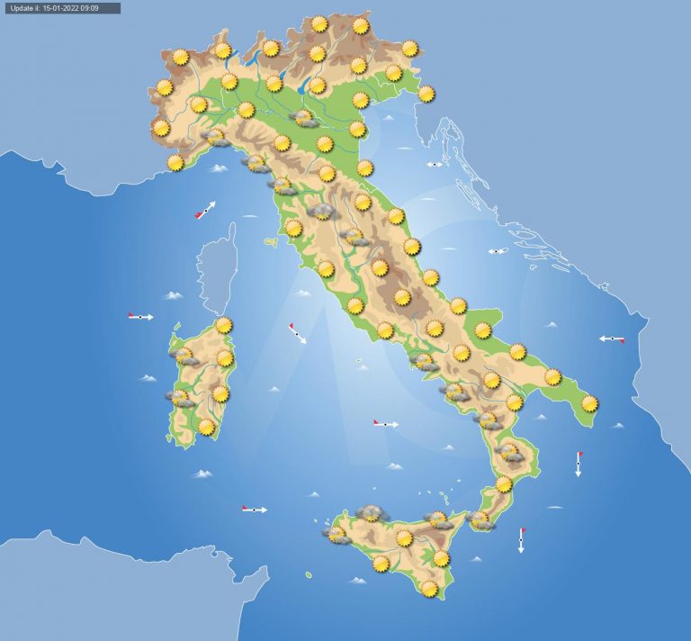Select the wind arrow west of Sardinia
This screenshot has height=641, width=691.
[x=140, y=316]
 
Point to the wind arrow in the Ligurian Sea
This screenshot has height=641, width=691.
[x=205, y=212]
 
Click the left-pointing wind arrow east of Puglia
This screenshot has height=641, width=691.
[x=612, y=339]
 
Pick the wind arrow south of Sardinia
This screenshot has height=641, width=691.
[x=255, y=510]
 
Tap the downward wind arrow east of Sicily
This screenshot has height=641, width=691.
[x=521, y=540]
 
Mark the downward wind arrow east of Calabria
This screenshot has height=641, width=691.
[x=579, y=464]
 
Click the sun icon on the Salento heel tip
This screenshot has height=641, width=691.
[x=590, y=403]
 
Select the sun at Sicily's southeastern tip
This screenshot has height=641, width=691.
[x=429, y=588]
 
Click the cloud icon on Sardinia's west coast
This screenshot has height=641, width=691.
[x=180, y=397]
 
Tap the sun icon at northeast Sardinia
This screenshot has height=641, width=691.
[x=223, y=325]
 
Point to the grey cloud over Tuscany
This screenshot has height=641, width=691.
[x=322, y=212]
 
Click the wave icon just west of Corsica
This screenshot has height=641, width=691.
[x=173, y=294]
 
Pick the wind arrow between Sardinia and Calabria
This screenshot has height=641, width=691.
[x=385, y=423]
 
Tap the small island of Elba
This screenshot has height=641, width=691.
[x=270, y=242]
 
